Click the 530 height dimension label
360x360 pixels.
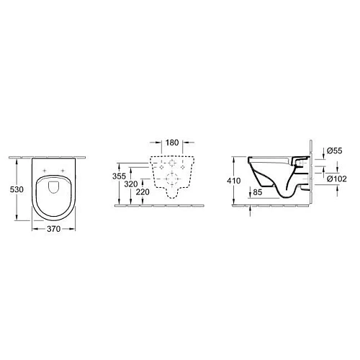[x=8, y=187]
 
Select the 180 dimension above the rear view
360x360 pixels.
[x=170, y=143]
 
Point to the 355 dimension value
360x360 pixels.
[x=121, y=175]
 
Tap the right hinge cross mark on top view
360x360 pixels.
[x=63, y=171]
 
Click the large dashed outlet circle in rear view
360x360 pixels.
[x=171, y=179]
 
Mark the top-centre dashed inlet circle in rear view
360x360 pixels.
[x=171, y=163]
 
